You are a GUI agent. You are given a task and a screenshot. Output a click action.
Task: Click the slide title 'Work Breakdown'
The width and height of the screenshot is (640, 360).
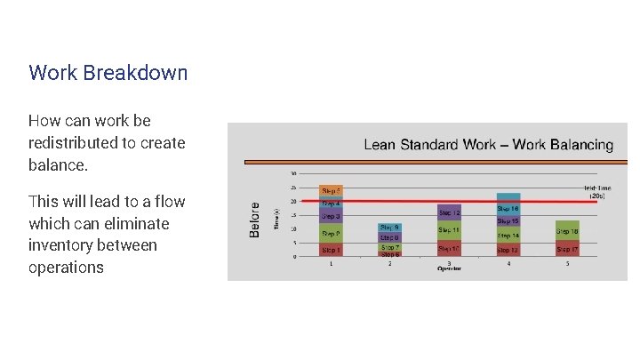click(x=108, y=72)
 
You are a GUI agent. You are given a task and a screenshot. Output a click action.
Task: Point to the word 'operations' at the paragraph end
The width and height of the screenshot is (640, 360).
click(x=66, y=268)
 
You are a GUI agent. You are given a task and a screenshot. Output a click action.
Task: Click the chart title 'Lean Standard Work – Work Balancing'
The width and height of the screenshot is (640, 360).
click(x=488, y=144)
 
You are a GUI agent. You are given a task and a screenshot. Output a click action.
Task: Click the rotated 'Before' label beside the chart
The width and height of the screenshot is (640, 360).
click(x=255, y=219)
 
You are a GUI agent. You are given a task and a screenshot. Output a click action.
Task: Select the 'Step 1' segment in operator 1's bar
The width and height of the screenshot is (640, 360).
click(x=331, y=251)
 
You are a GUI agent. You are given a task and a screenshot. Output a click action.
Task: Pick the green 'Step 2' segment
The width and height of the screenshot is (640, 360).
click(x=331, y=234)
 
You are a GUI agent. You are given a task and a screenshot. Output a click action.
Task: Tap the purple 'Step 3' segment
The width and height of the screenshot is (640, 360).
click(x=331, y=216)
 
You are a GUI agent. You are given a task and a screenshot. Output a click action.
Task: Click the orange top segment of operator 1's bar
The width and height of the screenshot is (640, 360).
click(x=331, y=190)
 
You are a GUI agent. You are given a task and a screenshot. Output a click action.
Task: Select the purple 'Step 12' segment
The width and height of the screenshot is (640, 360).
click(x=449, y=213)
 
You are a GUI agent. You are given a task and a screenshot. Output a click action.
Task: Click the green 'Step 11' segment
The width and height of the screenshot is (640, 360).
click(x=449, y=230)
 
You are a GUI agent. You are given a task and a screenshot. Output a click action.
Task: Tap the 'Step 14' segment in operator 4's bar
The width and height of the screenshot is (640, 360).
click(x=508, y=236)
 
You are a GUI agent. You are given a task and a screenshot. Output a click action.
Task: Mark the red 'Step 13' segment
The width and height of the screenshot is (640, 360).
click(x=508, y=251)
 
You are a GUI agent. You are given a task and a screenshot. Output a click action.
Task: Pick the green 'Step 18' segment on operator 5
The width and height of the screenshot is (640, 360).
click(x=567, y=231)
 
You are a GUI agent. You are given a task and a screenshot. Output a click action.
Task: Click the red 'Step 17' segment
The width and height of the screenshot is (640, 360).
click(x=567, y=250)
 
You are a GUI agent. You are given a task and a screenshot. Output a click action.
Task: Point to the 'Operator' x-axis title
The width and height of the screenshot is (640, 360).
click(x=449, y=268)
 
